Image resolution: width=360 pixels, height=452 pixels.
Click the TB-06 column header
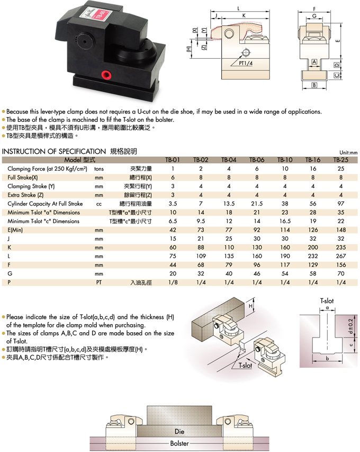point(256,159)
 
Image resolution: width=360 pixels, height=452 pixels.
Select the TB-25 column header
point(340,159)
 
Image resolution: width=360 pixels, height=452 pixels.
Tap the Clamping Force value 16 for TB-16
point(312,169)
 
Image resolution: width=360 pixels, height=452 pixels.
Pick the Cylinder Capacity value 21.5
point(256,203)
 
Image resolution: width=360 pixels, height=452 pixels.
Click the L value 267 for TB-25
point(340,255)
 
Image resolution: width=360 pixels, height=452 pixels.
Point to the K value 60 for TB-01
point(173,247)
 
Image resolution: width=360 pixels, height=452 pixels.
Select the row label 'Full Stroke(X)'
point(23,177)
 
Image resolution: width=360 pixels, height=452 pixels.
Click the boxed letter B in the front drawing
point(314,85)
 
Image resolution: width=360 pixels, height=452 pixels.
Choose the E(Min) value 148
point(340,230)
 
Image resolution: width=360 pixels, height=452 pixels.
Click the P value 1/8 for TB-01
point(173,282)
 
